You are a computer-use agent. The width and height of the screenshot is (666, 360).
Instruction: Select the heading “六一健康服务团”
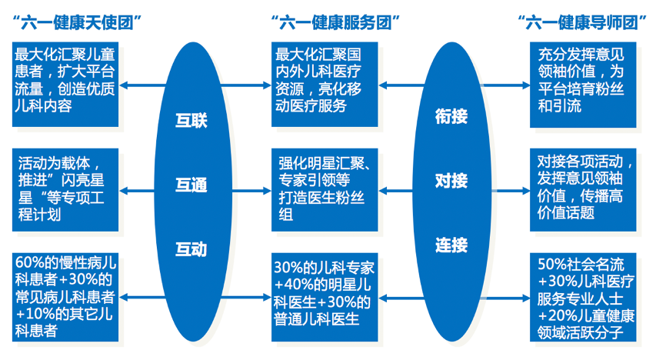[332, 22]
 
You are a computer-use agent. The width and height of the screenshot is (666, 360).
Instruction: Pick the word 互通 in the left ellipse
[191, 185]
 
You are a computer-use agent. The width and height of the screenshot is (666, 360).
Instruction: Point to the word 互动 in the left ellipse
[191, 248]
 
